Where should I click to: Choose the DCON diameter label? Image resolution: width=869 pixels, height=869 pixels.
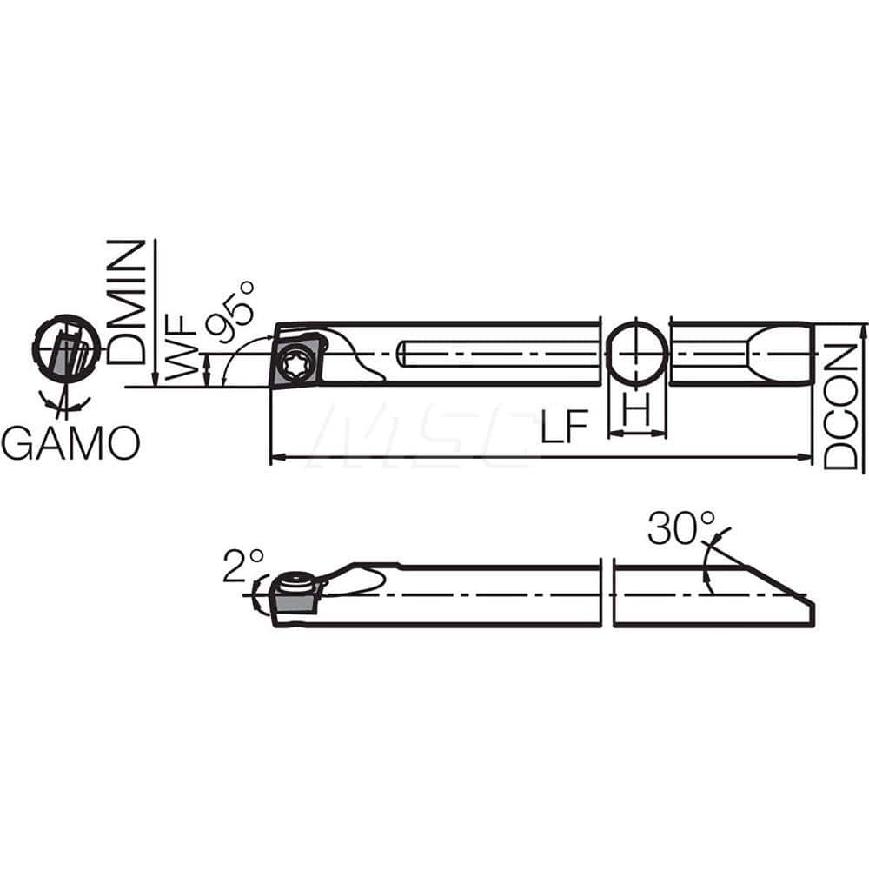(x=840, y=406)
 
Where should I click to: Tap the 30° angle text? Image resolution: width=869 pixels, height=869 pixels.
(x=680, y=527)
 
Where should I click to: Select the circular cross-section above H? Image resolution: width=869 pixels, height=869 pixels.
(x=637, y=355)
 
